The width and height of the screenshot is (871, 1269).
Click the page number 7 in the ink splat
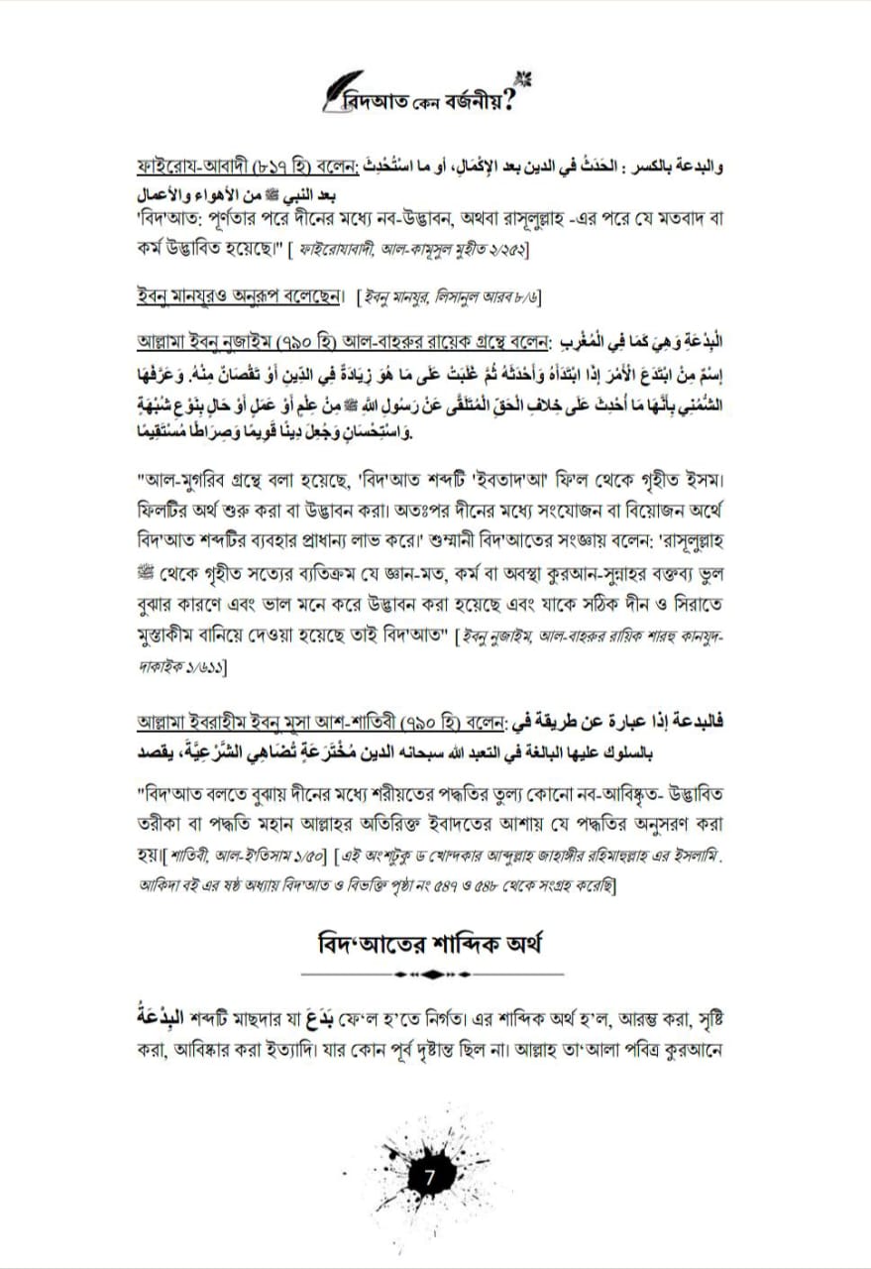[429, 1180]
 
